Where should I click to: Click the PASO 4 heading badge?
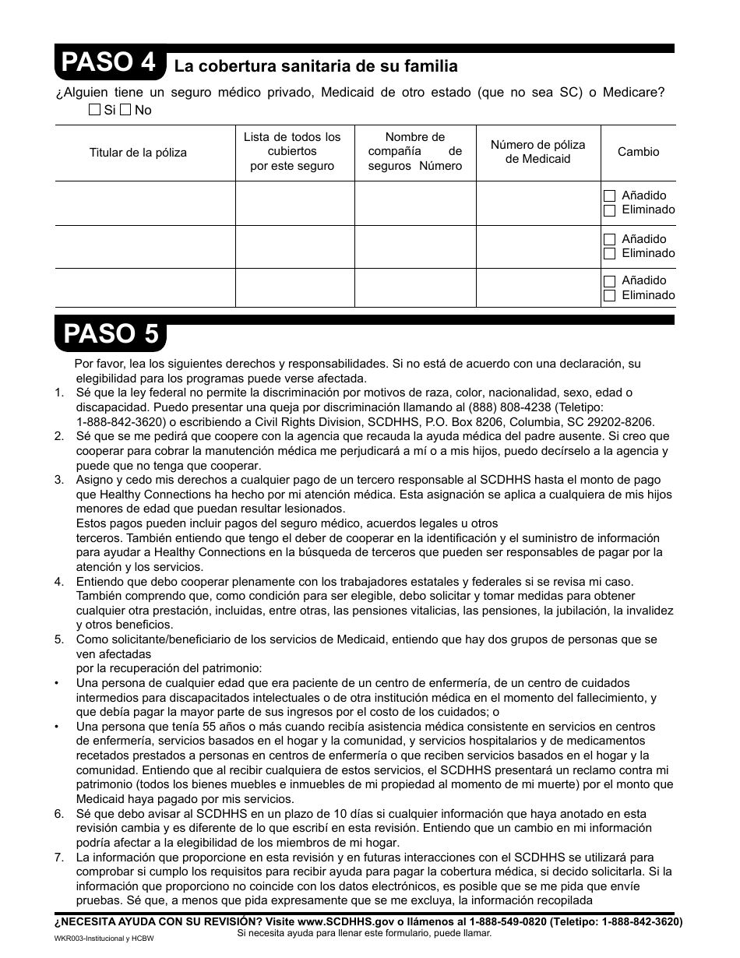[x=110, y=62]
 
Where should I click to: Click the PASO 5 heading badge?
[x=110, y=333]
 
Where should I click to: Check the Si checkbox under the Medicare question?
[x=94, y=110]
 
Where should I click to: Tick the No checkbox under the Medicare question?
[x=125, y=110]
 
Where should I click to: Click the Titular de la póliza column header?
[x=138, y=153]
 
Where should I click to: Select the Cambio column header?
[x=638, y=152]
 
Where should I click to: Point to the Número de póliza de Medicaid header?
[x=537, y=152]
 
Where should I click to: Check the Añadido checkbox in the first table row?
[x=610, y=196]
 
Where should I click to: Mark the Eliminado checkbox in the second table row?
[x=610, y=254]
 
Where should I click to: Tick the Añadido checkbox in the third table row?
[x=610, y=281]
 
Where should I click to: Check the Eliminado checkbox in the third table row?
[x=610, y=296]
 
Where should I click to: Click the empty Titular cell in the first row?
[x=145, y=203]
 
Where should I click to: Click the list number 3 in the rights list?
[x=59, y=480]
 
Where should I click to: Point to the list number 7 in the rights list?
[x=59, y=857]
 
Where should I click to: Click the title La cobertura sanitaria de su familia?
[x=315, y=66]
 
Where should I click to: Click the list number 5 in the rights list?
[x=59, y=639]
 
